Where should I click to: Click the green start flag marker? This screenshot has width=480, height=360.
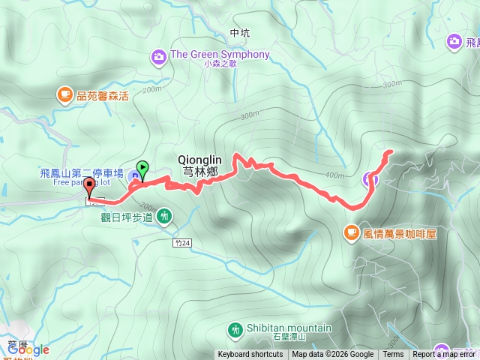coord(142,169)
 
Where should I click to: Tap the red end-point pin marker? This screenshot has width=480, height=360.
coord(90,187)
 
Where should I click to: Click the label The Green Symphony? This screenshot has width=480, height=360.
coord(220,55)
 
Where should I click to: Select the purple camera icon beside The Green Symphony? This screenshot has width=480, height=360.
coord(158,55)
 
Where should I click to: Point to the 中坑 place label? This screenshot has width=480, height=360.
coord(240,33)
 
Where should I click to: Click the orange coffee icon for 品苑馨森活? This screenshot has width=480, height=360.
coord(64,94)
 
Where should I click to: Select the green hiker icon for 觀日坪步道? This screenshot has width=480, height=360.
coord(164,217)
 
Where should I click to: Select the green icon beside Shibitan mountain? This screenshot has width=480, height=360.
coord(235,329)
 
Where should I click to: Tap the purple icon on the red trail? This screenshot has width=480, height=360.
coord(369,178)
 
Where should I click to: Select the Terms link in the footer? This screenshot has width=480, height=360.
coord(393,355)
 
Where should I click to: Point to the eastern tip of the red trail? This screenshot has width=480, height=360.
coord(391,152)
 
